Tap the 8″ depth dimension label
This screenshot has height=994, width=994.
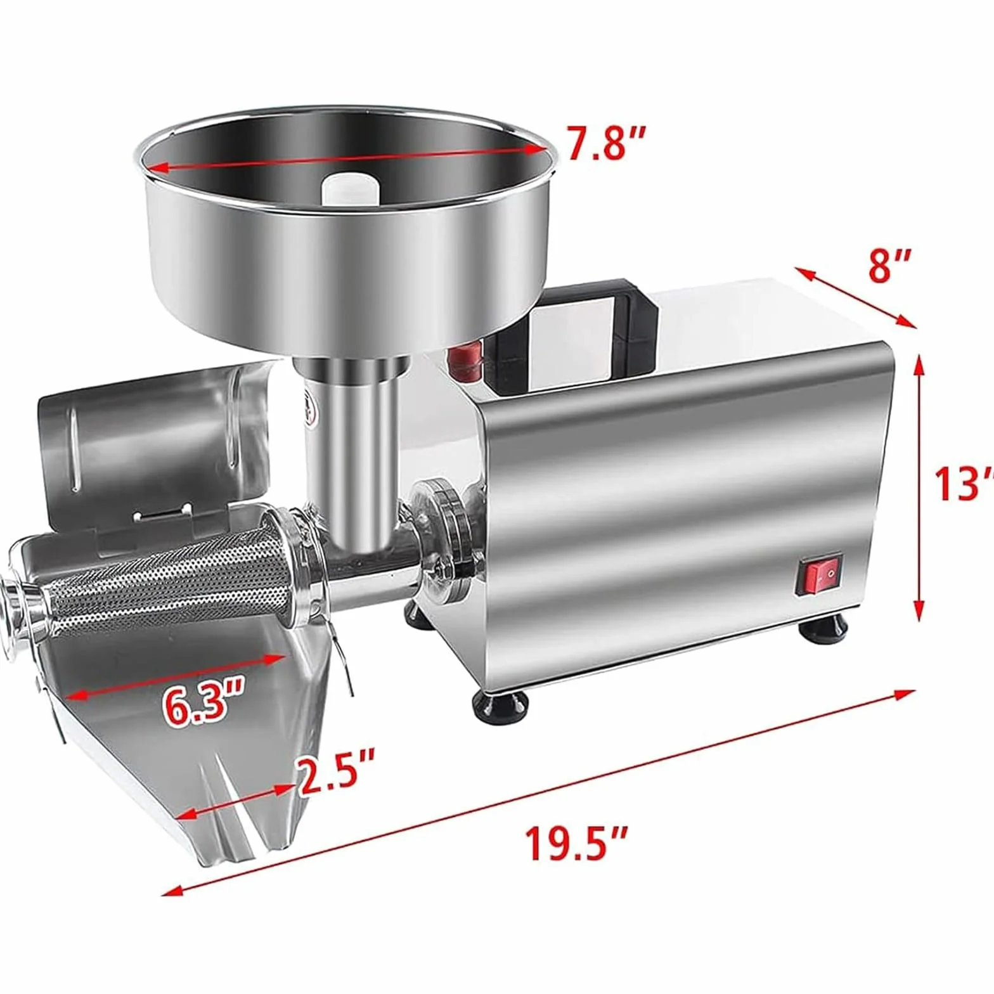(x=889, y=266)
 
